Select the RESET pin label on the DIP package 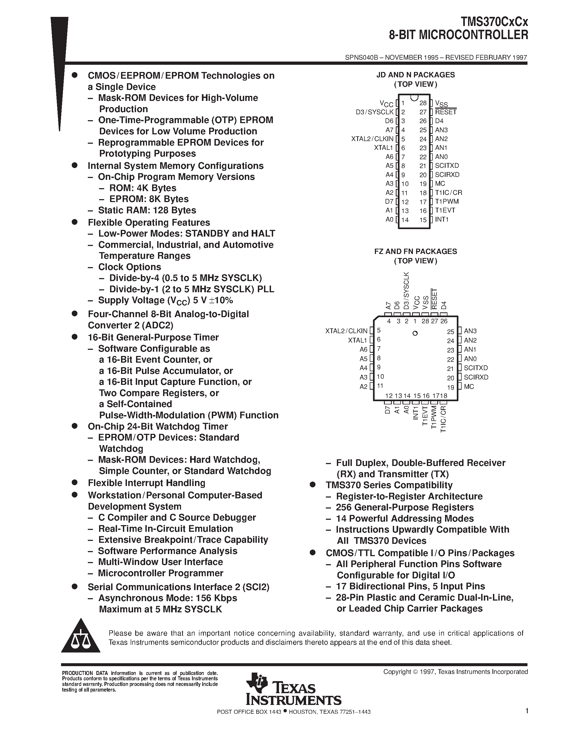click(x=446, y=112)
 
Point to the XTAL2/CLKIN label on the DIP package click(x=372, y=139)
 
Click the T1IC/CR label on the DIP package click(x=448, y=193)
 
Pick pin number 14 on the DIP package click(x=405, y=220)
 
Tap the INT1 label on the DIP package click(x=442, y=219)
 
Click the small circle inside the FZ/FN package click(x=415, y=333)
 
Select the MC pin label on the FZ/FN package click(x=469, y=386)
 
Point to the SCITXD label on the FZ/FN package click(x=476, y=368)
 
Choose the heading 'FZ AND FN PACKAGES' click(x=416, y=251)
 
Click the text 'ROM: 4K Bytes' click(x=143, y=188)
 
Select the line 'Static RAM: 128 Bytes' click(x=147, y=210)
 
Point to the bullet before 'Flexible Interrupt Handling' click(x=75, y=483)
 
